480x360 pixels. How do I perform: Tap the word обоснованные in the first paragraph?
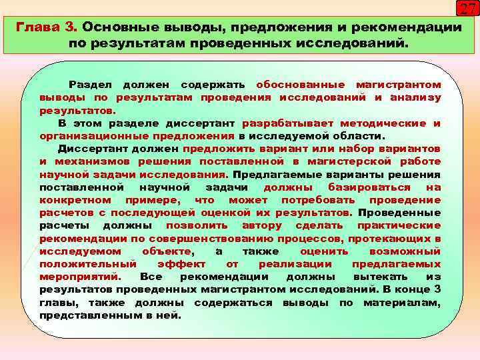click(x=301, y=85)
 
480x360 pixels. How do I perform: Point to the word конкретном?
click(x=75, y=200)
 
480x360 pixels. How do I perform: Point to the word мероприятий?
click(x=79, y=277)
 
